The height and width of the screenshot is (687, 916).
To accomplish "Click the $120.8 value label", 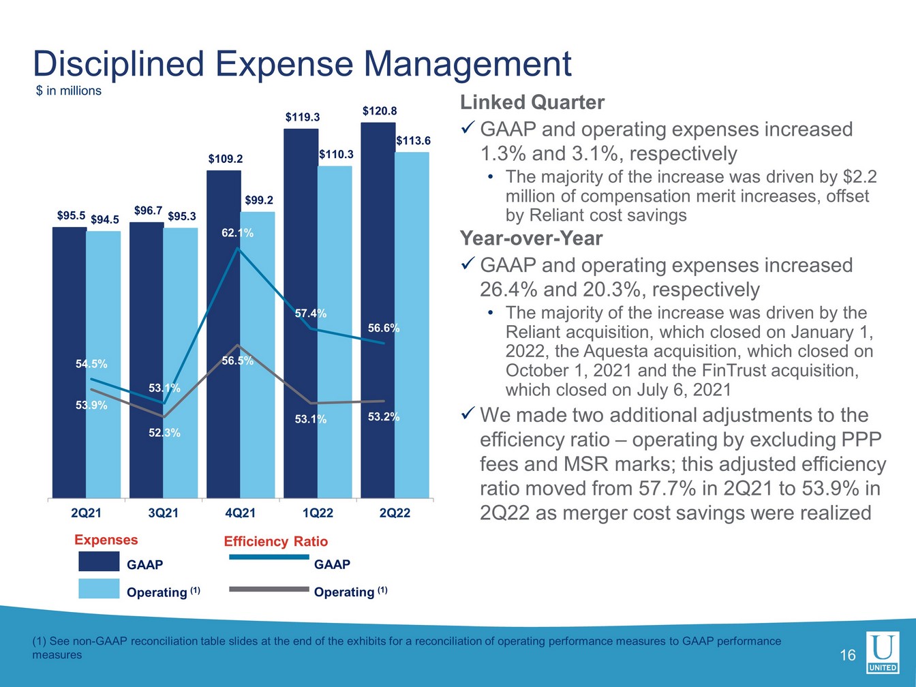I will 380,110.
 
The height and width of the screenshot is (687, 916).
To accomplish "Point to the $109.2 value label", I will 226,159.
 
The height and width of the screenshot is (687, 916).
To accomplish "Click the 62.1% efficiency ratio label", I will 237,233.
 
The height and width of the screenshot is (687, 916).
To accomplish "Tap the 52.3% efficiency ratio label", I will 164,432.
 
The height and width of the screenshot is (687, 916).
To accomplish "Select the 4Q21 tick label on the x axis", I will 240,513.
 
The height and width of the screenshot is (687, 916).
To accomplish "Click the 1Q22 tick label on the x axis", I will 318,513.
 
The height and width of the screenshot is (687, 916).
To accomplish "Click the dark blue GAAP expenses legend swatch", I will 99,562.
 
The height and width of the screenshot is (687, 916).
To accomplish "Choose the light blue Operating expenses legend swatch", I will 99,589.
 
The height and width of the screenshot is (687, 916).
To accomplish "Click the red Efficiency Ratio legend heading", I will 275,541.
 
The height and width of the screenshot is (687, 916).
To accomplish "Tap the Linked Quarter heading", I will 532,102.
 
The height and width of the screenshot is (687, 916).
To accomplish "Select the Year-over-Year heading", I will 531,238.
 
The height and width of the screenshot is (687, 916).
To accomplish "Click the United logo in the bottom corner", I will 882,652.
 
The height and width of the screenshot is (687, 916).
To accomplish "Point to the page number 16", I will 847,656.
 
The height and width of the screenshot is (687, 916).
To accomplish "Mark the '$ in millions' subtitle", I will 68,91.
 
